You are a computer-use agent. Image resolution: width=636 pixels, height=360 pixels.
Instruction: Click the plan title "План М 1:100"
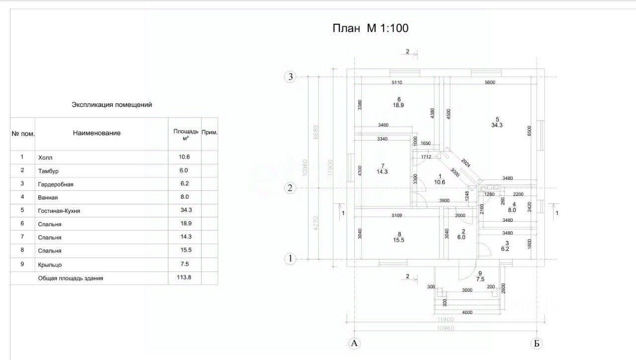pos(370,28)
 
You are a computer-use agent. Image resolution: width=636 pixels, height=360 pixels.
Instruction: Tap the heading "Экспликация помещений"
pos(112,105)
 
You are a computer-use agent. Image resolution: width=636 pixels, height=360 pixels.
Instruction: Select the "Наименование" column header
pos(96,133)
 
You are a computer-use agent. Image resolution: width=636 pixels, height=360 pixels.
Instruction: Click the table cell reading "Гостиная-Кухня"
pos(59,211)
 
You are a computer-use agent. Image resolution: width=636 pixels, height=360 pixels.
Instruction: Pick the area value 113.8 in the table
pos(184,278)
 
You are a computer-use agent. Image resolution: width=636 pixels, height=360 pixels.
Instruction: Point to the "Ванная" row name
pos(48,197)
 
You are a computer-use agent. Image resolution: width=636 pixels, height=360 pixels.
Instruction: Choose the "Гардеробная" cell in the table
pos(56,184)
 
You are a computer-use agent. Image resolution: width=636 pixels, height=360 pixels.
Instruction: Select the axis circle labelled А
pos(354,343)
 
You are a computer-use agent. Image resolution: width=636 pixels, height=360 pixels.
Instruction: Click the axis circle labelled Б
pos(536,343)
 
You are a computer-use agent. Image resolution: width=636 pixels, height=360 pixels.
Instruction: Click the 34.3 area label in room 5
pos(496,125)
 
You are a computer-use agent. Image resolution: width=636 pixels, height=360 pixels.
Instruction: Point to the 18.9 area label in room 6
pos(398,105)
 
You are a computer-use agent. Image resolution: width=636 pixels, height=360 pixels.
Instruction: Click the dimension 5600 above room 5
pos(489,83)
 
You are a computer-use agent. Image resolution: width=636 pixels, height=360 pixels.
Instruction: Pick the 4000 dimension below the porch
pos(467,313)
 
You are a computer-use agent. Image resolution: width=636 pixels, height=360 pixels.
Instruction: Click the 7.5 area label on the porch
pos(480,279)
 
